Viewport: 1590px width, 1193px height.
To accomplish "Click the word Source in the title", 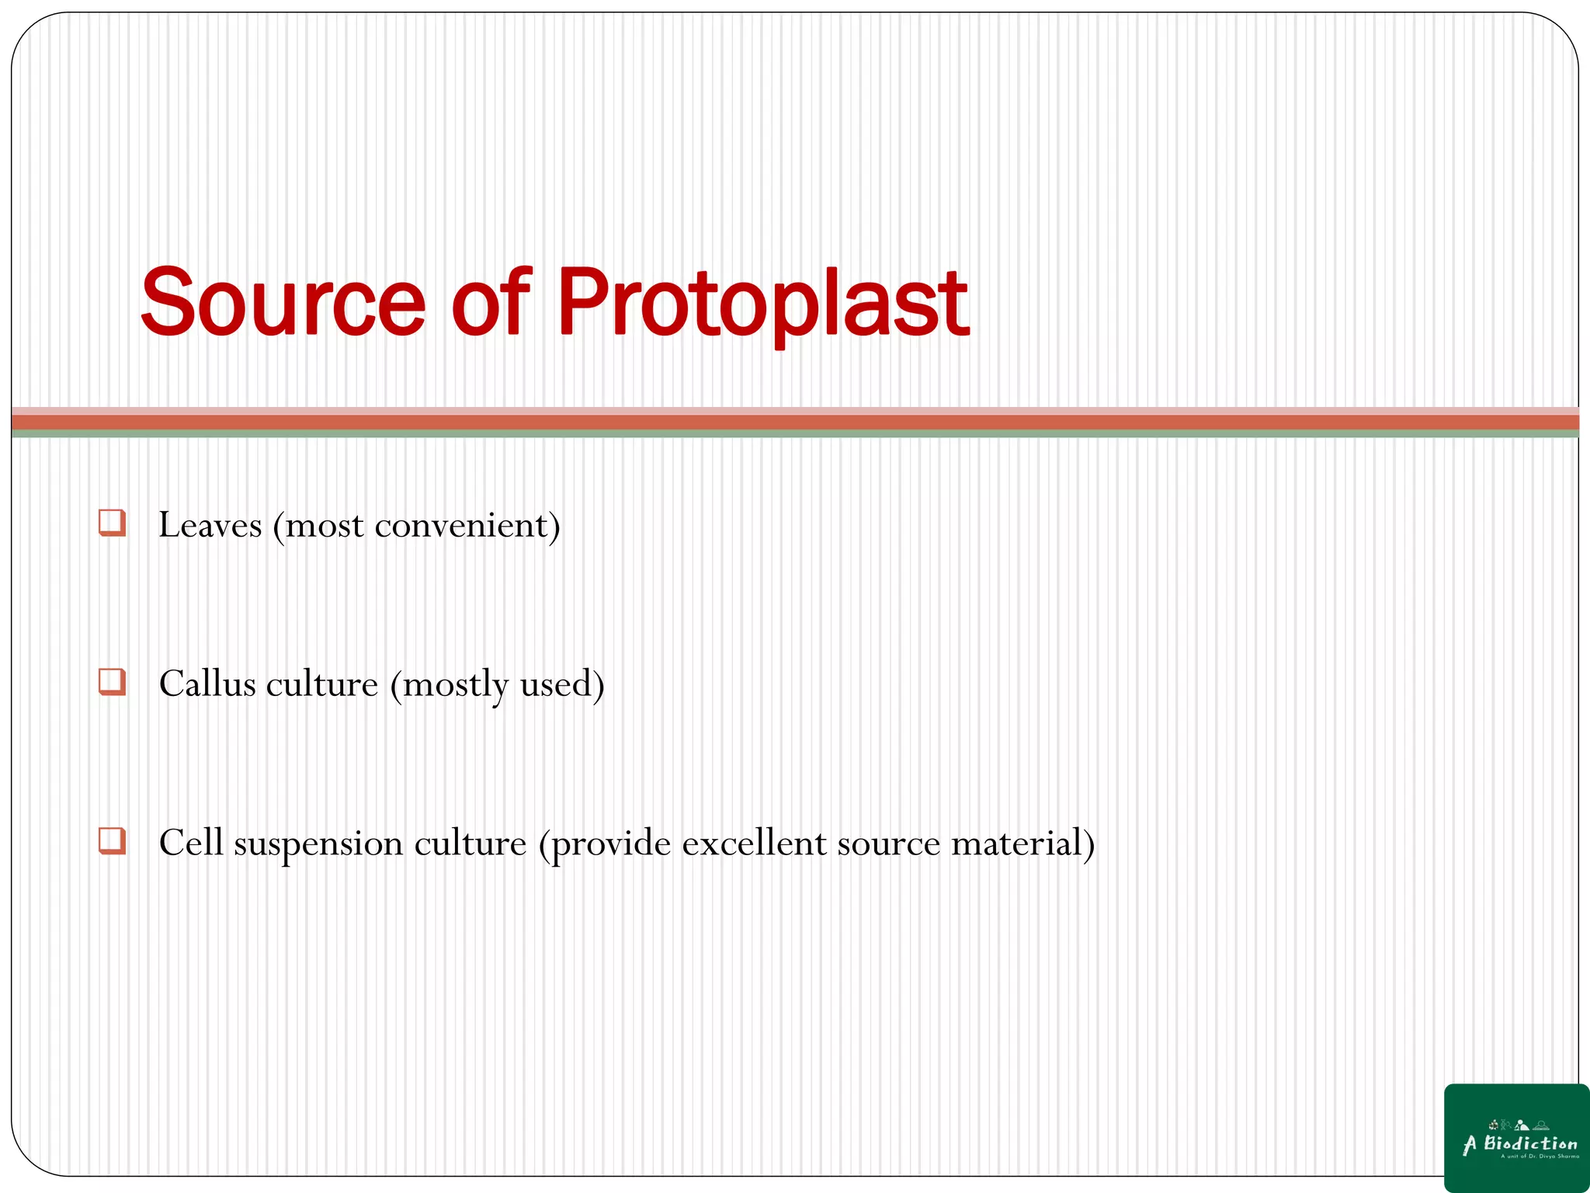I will point(283,303).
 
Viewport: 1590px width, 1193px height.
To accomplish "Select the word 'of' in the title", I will point(491,303).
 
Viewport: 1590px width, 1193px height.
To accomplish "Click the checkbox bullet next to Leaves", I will point(113,523).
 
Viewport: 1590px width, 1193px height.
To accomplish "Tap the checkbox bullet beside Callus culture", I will point(113,682).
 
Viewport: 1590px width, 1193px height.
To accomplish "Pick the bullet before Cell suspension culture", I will point(113,841).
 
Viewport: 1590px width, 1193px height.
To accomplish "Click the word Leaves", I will point(210,526).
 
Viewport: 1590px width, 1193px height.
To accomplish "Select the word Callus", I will point(207,684).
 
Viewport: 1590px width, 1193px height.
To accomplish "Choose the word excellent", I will point(754,843).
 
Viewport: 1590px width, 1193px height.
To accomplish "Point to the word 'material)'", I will point(1023,843).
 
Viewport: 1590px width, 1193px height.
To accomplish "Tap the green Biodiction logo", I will point(1516,1138).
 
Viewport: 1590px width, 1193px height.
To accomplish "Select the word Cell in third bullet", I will point(191,843).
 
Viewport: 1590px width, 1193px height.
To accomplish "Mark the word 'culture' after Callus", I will point(322,684).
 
